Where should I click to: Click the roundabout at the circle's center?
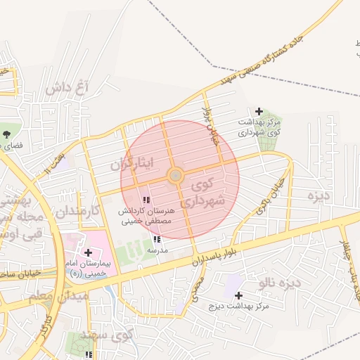tap(176, 175)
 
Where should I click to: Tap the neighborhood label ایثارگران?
tap(131, 165)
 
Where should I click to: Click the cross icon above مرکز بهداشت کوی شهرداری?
tap(259, 111)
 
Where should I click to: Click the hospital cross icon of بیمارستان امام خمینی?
tap(88, 252)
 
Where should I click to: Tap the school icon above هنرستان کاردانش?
tap(146, 200)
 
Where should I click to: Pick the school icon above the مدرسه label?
tap(156, 239)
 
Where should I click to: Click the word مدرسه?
tap(157, 250)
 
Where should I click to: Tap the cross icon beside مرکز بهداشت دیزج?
tap(238, 295)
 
